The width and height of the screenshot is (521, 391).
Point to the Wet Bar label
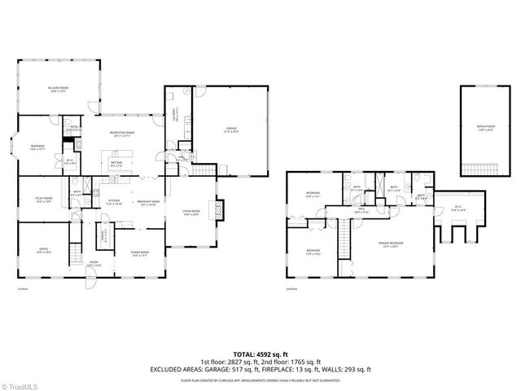click(x=116, y=165)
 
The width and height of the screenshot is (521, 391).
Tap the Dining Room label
click(x=139, y=253)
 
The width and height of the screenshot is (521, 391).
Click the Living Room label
click(x=191, y=212)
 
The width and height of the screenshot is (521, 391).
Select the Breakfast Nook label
click(x=149, y=202)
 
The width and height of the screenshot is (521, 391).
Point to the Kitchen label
click(x=115, y=202)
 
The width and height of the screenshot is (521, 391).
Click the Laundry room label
click(x=173, y=114)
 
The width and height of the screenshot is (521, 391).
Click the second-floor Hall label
click(x=361, y=210)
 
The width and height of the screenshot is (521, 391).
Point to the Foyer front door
click(x=95, y=277)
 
